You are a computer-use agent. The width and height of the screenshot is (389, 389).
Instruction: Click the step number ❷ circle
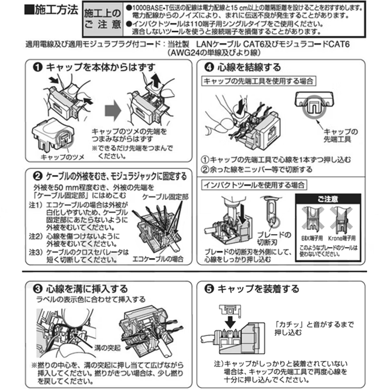point(37,177)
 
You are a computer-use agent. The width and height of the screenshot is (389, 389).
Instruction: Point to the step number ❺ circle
point(209,289)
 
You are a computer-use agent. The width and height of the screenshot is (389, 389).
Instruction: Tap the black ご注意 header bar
point(327,199)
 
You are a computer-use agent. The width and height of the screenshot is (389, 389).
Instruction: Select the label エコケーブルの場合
point(158,258)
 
